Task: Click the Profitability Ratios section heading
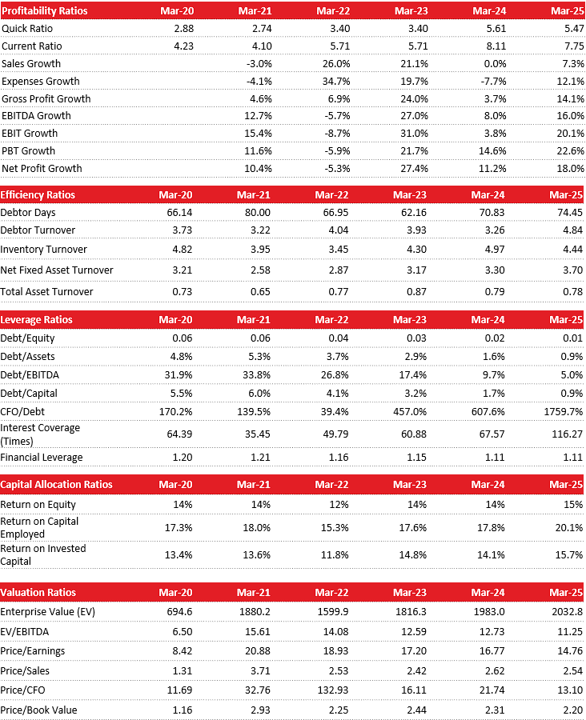(45, 11)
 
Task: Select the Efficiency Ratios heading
(38, 195)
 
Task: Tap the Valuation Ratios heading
(38, 593)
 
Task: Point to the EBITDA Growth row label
(36, 116)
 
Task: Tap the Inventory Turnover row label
(44, 250)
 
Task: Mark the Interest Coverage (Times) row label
(40, 434)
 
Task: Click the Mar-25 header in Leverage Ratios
(566, 320)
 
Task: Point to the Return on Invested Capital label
(43, 554)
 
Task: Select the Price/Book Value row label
(39, 710)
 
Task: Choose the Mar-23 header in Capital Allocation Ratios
(409, 485)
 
